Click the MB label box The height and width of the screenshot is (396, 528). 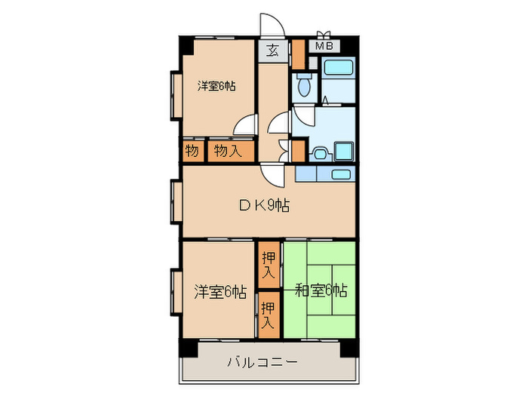324,46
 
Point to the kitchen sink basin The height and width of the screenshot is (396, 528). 341,174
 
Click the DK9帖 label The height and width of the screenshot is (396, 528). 263,204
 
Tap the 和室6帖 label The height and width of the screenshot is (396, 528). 320,289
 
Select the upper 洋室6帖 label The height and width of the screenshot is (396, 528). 216,86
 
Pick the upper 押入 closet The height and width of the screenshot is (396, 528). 269,266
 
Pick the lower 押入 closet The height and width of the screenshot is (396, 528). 268,316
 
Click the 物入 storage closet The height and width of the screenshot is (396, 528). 227,151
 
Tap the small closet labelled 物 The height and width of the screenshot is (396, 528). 192,151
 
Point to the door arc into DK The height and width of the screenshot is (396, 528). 274,175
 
